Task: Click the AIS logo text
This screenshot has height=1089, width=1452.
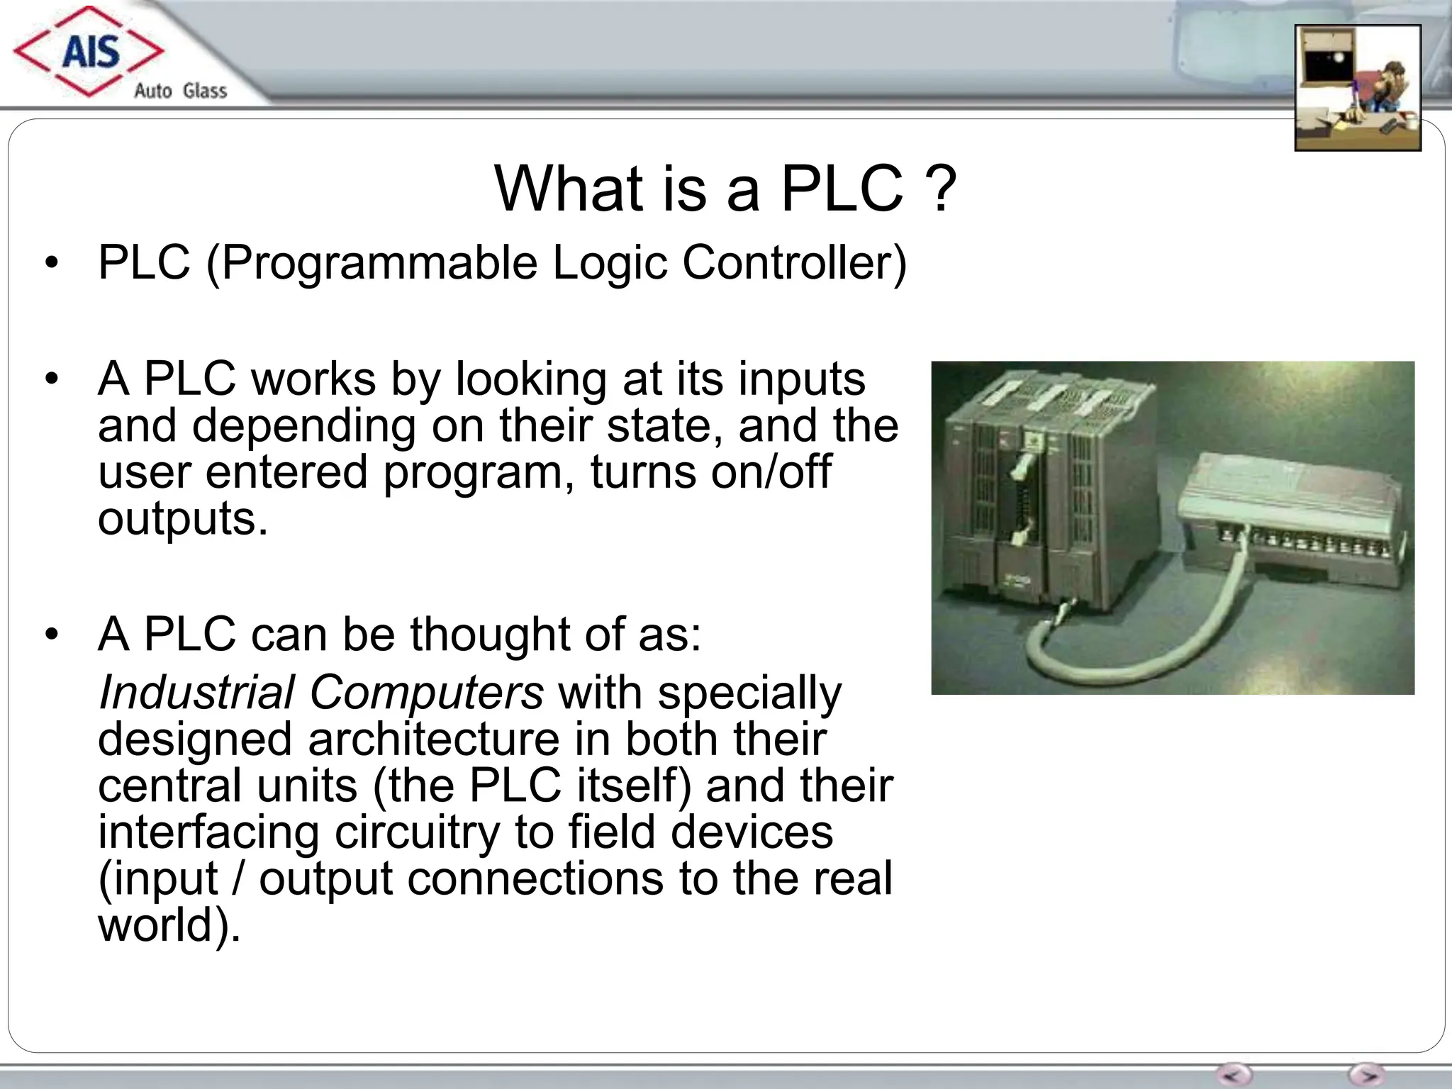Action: click(x=91, y=52)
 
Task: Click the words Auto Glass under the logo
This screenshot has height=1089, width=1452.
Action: click(x=180, y=91)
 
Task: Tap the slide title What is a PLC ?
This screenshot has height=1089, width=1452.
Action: click(x=725, y=188)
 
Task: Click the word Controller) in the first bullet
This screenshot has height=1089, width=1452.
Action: click(x=794, y=262)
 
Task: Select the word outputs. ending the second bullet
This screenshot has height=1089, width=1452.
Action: click(x=183, y=519)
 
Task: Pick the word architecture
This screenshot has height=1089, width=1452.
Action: click(x=433, y=739)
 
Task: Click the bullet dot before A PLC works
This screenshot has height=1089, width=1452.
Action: click(x=50, y=379)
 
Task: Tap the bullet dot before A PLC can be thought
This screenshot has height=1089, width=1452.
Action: click(x=50, y=634)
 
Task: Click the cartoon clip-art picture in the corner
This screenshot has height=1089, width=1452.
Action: click(x=1358, y=88)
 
